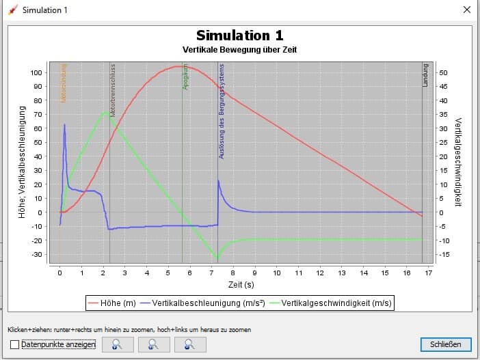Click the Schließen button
pos(446,344)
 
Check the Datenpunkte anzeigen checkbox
pos(15,345)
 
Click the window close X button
pos(467,10)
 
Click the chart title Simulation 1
pos(239,36)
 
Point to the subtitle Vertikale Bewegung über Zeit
pos(239,50)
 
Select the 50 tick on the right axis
pos(443,72)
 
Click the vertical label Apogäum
pos(185,77)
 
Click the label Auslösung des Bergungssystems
pos(222,111)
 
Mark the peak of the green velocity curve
pos(105,112)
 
